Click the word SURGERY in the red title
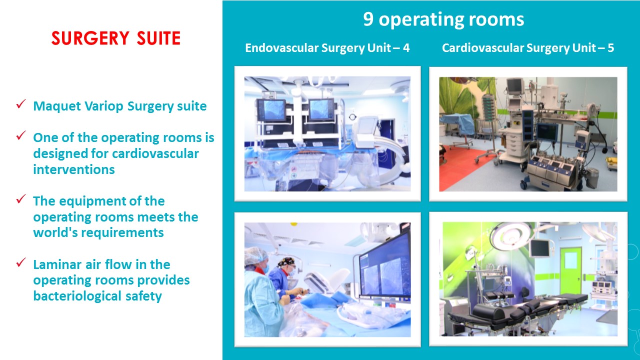(90, 38)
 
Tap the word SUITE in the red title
(158, 38)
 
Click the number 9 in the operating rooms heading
(368, 19)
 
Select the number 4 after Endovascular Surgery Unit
(406, 47)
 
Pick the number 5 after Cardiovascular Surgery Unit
(610, 47)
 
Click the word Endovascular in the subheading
(281, 47)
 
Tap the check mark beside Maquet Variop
(21, 104)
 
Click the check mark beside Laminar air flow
(21, 262)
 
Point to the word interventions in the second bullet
(74, 169)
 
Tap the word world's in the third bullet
(55, 232)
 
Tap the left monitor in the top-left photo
(271, 109)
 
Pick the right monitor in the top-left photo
(321, 109)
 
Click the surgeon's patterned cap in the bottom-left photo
(286, 261)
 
